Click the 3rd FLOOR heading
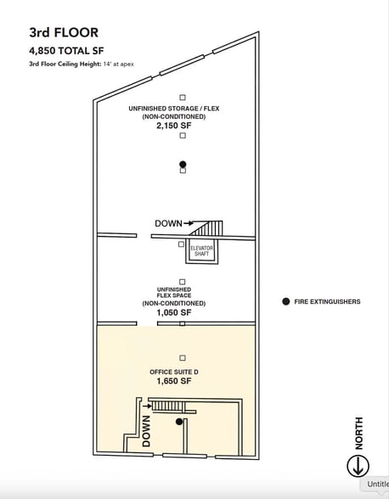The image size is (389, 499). click(x=64, y=32)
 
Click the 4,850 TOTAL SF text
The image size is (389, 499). click(x=66, y=51)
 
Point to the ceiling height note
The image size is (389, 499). click(x=82, y=64)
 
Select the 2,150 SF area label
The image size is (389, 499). click(x=174, y=126)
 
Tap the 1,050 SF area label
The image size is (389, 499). click(x=174, y=312)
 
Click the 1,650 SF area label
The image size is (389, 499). click(x=174, y=380)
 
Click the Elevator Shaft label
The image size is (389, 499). click(x=201, y=251)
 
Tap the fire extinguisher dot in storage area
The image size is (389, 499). click(x=183, y=165)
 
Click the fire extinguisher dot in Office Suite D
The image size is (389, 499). click(x=179, y=422)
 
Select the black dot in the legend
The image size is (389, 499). click(x=286, y=301)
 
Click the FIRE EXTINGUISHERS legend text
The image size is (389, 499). click(x=327, y=302)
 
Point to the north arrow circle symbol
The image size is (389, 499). click(x=358, y=466)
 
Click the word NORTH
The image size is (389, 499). click(x=358, y=433)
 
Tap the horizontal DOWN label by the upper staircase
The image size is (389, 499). click(x=168, y=223)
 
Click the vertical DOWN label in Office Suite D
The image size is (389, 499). click(x=146, y=431)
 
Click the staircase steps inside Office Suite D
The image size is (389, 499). click(x=168, y=406)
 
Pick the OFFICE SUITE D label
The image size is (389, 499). click(x=174, y=372)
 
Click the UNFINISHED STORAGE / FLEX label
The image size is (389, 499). click(x=174, y=109)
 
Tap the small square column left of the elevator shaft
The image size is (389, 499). click(x=181, y=244)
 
